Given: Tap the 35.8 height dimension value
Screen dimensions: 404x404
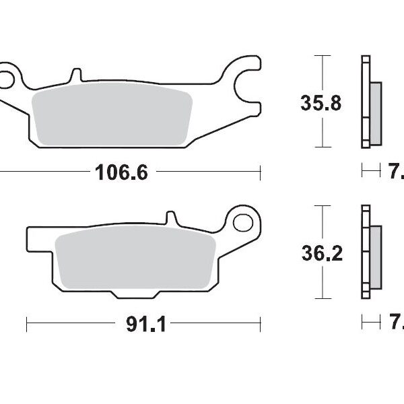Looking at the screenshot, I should click(x=321, y=103).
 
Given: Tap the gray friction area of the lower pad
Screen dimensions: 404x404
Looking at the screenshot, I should click(x=135, y=259).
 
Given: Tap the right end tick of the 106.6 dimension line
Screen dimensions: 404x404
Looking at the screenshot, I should click(x=260, y=173).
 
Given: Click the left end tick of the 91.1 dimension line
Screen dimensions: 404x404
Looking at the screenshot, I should click(x=26, y=325).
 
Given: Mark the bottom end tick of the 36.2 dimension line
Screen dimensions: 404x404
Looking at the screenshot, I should click(x=325, y=298).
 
